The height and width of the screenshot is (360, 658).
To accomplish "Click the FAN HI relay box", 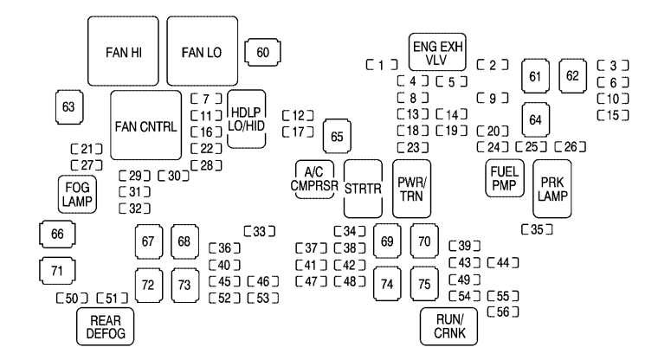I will [x=124, y=52].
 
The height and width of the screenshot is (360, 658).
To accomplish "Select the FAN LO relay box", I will [x=202, y=52].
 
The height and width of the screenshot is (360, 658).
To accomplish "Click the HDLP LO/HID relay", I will [x=248, y=121].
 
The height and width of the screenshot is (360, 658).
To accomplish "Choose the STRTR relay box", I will [x=363, y=189].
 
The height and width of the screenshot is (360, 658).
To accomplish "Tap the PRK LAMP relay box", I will [x=551, y=188].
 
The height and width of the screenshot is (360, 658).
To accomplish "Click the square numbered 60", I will [x=262, y=53].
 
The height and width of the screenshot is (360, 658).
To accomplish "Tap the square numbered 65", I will [x=338, y=137].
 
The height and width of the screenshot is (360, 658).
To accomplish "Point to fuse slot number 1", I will [x=382, y=64].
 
